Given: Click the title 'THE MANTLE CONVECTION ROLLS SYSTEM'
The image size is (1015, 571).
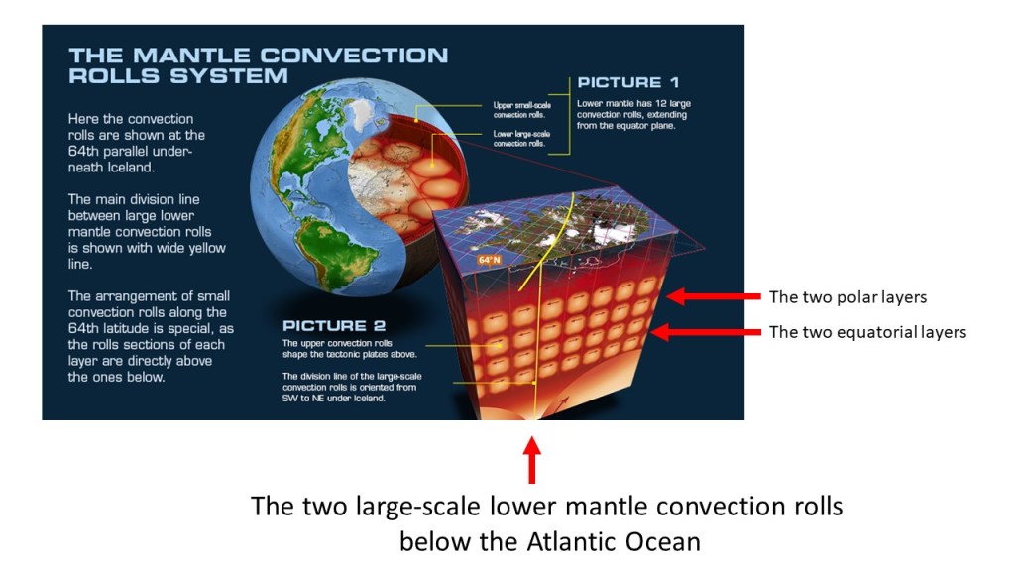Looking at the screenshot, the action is click(x=259, y=65).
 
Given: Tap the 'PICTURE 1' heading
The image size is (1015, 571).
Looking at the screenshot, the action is click(x=627, y=83).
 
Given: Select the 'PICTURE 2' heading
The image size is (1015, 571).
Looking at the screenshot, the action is click(x=334, y=325).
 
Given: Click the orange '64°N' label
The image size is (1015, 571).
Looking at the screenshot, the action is click(x=490, y=260).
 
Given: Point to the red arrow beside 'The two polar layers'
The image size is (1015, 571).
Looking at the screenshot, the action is click(x=714, y=296).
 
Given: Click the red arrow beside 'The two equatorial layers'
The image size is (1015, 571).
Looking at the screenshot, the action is click(x=706, y=332).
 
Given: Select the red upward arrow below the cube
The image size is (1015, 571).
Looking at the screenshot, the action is click(x=532, y=460).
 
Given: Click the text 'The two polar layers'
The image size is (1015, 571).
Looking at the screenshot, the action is click(x=848, y=297).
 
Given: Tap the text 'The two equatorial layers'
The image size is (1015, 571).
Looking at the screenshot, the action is click(x=867, y=332).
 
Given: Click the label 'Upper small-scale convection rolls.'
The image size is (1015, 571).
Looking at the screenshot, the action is click(x=521, y=109).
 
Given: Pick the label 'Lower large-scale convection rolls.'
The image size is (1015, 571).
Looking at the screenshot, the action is click(x=521, y=139).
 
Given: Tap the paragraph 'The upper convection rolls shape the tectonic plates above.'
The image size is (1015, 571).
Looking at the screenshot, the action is click(x=350, y=349).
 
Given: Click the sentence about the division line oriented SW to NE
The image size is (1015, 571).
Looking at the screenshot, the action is click(x=352, y=388).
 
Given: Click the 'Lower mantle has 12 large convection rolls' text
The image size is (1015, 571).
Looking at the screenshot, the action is click(x=633, y=114).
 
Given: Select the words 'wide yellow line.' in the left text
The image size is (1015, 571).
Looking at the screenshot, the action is click(x=147, y=256).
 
